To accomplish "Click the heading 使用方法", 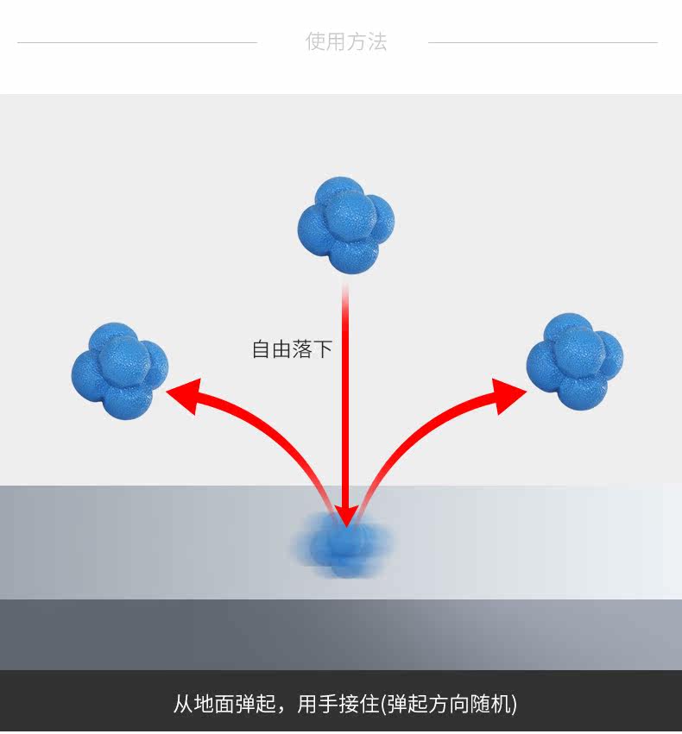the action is point(346,41).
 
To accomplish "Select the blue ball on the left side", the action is point(119,371).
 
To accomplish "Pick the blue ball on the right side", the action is point(574,361).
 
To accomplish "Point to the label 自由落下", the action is point(292,349).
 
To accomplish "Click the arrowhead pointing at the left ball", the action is point(184,396).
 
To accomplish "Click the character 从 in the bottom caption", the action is point(183,704).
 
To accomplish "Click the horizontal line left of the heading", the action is point(137,42).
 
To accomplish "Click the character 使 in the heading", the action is point(315,41).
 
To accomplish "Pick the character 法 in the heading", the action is point(377,41).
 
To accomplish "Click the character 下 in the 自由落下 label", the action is point(323,349).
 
